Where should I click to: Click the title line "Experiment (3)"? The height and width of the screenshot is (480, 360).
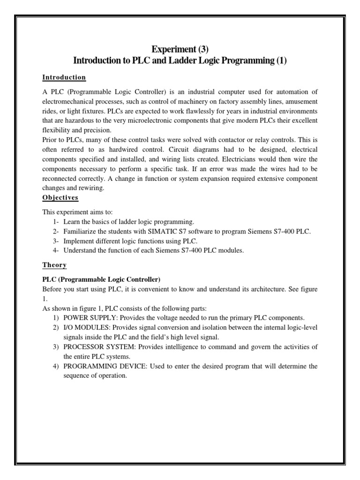(180, 49)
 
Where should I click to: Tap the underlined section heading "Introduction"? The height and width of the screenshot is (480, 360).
(64, 77)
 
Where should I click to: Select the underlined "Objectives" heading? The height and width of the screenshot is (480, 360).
(60, 198)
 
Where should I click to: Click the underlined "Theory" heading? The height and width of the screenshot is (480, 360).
(54, 265)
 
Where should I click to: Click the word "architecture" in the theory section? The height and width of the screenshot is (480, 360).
(270, 289)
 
